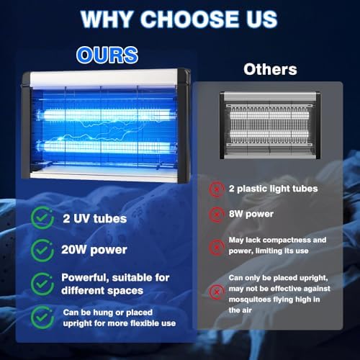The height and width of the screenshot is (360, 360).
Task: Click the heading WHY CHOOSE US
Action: coord(179,19)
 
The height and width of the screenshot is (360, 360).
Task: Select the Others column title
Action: coord(270,69)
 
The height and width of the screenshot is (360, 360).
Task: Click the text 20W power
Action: coord(95,251)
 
